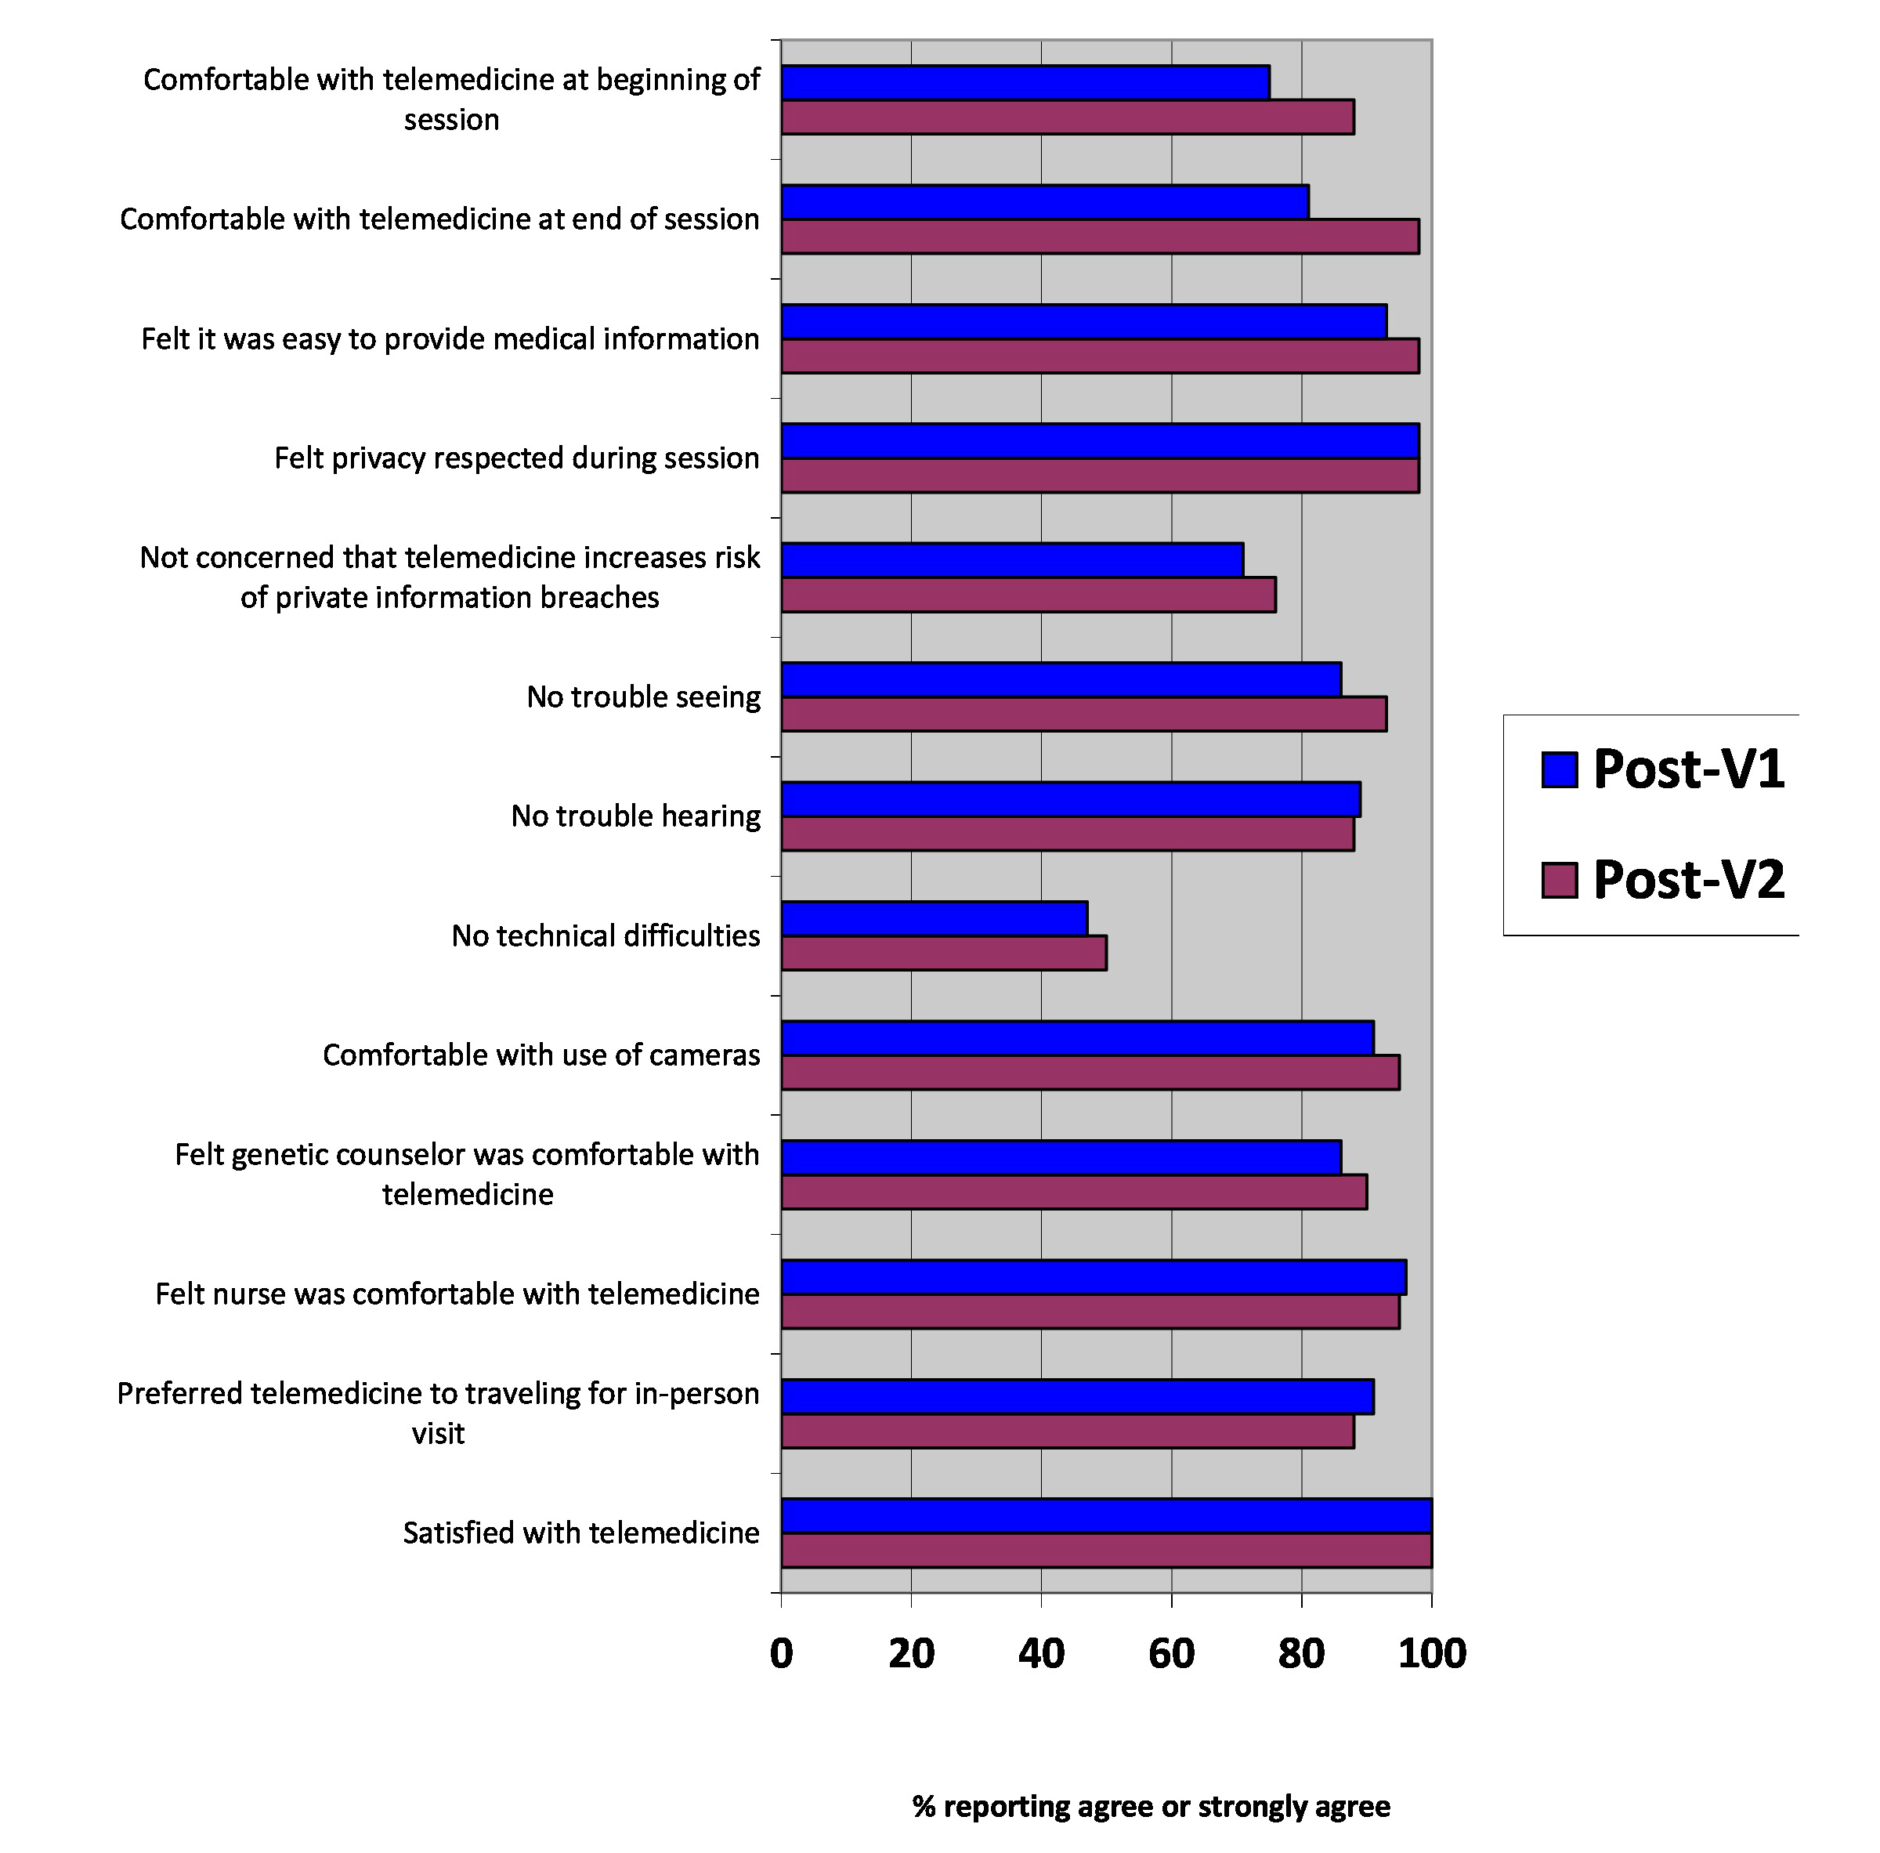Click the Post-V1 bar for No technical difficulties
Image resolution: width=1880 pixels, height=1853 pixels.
[935, 919]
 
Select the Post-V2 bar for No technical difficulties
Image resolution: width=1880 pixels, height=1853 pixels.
[944, 953]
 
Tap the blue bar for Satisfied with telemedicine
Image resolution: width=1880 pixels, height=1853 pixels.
[1106, 1515]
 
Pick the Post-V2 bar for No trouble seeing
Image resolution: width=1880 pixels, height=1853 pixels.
[1084, 715]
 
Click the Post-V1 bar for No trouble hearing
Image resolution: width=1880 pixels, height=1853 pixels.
[1070, 799]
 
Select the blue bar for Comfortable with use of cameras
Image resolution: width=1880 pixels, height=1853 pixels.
[1077, 1038]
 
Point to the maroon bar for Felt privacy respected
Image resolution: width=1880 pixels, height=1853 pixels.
[1100, 475]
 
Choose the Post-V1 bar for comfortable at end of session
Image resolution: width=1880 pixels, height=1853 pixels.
[1045, 201]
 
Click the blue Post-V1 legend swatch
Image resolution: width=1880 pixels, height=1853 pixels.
[1560, 770]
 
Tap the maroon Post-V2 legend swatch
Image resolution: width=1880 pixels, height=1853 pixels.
[1560, 880]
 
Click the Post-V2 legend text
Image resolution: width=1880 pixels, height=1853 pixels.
[1688, 880]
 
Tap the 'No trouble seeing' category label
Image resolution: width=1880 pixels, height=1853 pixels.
[643, 697]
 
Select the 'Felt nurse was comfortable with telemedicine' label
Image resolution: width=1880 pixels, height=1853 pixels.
[457, 1294]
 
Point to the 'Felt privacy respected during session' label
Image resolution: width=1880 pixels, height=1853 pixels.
[517, 458]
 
